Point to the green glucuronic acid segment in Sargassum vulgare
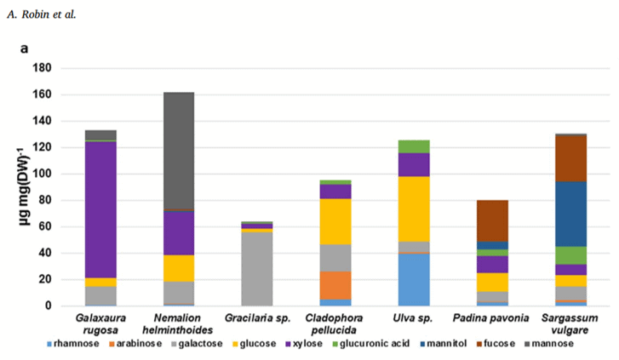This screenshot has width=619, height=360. point(570,255)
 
